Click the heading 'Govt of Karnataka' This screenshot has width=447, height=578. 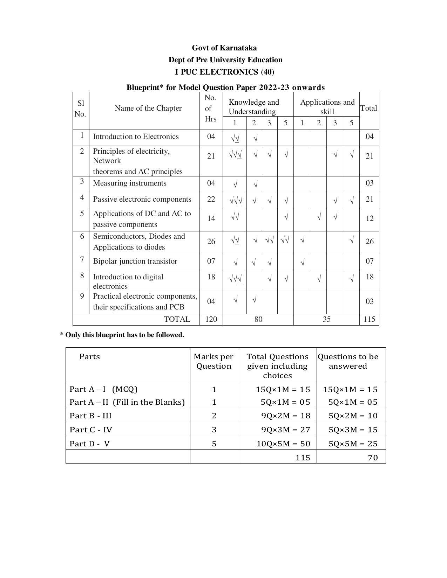224,48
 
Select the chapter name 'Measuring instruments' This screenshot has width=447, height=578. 130,183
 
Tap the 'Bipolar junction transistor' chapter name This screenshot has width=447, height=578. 135,262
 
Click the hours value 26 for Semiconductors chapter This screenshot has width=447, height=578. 211,242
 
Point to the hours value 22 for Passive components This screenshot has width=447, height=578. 211,199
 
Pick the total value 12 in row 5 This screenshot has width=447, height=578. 370,218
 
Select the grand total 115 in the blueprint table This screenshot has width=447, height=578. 369,319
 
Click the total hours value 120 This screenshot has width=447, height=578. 211,319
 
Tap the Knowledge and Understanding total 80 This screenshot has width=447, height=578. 258,319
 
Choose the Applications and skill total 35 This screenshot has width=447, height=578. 326,319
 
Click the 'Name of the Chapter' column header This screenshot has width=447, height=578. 148,108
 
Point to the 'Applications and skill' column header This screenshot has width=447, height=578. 327,107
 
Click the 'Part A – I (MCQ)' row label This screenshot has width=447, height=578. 104,389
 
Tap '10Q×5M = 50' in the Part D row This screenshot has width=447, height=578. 283,444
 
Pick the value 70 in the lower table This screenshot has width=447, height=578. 373,458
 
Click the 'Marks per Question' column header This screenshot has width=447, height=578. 214,361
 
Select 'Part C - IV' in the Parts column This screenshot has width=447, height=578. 91,430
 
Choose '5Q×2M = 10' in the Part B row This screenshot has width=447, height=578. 353,416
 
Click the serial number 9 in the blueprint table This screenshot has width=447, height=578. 82,297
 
